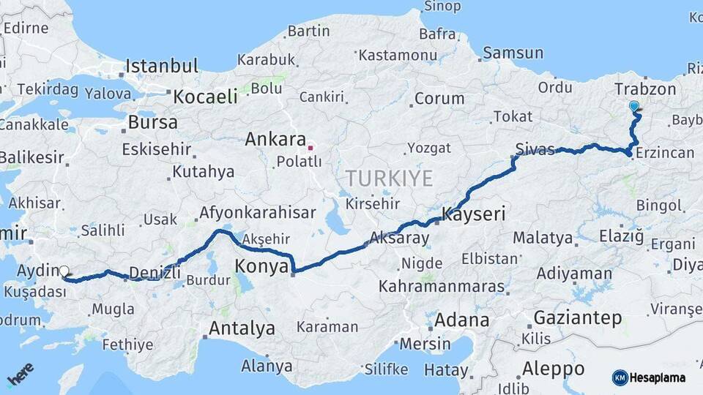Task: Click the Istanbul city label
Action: pos(161,66)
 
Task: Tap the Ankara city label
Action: pos(275,139)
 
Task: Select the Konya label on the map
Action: pos(262,266)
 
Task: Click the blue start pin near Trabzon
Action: pos(634,107)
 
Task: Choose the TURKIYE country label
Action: pos(390,178)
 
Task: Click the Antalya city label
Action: pos(242,328)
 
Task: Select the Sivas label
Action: pos(535,149)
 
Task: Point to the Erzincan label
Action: pos(665,153)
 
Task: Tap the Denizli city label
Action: pos(155,274)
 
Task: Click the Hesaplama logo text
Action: pos(657,378)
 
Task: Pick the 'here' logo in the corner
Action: pos(21,374)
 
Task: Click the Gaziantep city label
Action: pos(578,318)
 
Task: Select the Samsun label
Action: pos(513,53)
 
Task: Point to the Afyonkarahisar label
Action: pos(257,214)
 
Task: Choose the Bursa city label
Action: pos(152,122)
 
